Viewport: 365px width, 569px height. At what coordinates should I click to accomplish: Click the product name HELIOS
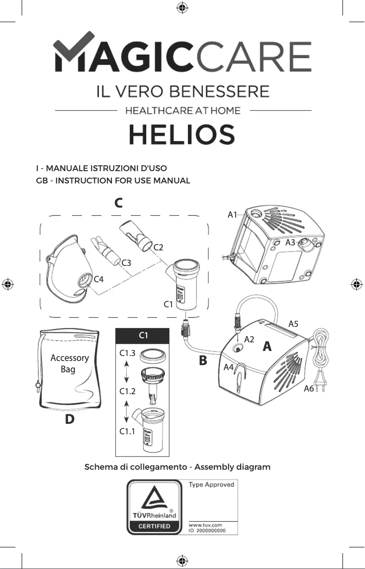point(182,135)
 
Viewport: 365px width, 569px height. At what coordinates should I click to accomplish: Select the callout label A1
point(233,214)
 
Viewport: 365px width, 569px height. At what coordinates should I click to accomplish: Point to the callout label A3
point(290,243)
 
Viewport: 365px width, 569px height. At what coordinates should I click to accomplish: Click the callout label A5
point(294,324)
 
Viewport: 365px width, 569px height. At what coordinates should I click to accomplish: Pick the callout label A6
point(309,389)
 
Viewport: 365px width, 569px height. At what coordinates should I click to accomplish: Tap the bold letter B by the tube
point(203,361)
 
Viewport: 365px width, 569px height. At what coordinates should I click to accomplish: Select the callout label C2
point(158,248)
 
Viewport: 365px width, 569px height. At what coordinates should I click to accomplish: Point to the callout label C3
point(127,263)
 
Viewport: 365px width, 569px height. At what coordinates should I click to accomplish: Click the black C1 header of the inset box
point(142,335)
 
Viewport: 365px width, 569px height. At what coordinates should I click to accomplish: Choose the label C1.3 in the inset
point(127,353)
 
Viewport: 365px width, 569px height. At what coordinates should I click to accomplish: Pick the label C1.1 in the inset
point(127,432)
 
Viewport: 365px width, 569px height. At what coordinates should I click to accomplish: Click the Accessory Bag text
point(69,363)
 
